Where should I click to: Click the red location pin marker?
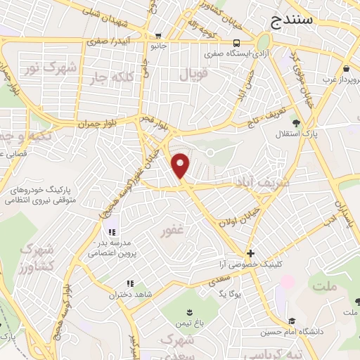(x=181, y=165)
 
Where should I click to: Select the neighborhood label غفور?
(x=173, y=231)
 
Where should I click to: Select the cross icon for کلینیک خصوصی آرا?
(x=250, y=253)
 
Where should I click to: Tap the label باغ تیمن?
(x=188, y=324)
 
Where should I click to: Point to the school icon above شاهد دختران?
(x=129, y=284)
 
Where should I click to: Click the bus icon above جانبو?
(x=159, y=37)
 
